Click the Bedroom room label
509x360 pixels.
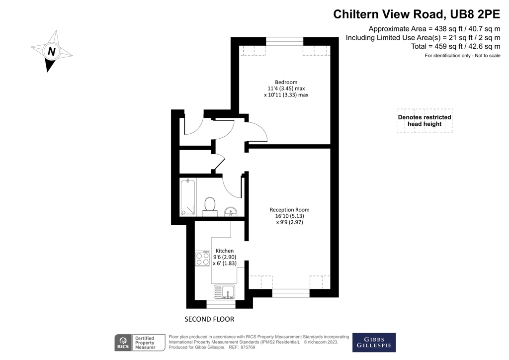(x=286, y=82)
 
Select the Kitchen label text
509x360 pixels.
(x=224, y=251)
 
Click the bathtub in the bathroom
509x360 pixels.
(x=188, y=197)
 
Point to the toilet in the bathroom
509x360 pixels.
(x=210, y=204)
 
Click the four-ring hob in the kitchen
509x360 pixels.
(x=202, y=258)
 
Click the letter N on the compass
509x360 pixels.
(x=51, y=51)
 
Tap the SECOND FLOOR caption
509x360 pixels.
(x=209, y=319)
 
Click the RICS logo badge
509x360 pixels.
(x=123, y=343)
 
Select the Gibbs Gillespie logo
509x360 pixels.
(x=374, y=342)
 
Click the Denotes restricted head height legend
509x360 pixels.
(x=424, y=120)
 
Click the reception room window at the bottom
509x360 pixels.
(x=291, y=293)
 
